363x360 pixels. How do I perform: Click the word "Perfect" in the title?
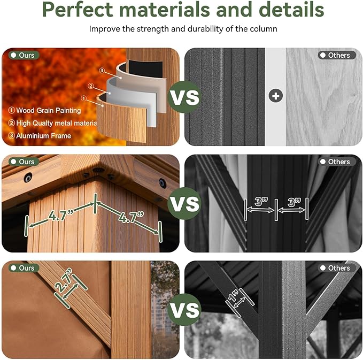[78, 9]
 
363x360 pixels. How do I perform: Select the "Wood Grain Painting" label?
[45, 111]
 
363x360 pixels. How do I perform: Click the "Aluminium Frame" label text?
[40, 136]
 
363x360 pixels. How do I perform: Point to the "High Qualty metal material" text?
[53, 123]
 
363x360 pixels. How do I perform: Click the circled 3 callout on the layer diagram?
[102, 71]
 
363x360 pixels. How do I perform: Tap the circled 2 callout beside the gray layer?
[90, 86]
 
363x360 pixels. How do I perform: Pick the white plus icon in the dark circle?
[275, 96]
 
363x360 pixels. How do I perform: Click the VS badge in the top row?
[184, 97]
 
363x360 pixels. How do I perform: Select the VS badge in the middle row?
[184, 203]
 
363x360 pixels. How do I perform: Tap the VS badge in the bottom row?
[184, 310]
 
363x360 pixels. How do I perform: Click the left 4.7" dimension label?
[61, 215]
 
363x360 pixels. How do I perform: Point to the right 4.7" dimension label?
[131, 217]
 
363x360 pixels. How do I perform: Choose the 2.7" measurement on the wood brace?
[63, 280]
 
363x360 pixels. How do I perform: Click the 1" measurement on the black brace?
[234, 295]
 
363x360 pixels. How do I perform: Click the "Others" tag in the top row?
[337, 56]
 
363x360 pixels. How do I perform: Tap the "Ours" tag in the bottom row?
[24, 268]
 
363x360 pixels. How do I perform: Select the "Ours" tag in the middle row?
[24, 162]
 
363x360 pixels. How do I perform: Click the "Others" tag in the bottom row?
[337, 268]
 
